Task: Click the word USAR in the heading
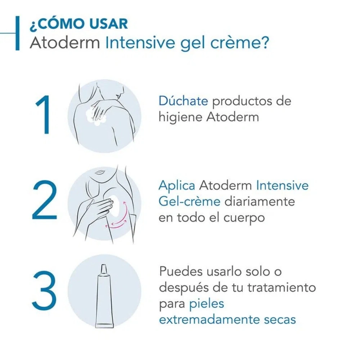tap(108, 24)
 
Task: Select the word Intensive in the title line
tap(140, 42)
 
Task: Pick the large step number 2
tap(44, 200)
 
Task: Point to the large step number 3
tap(44, 291)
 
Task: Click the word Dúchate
tap(183, 100)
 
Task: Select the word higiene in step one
tap(180, 118)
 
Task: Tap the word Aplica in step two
tap(177, 186)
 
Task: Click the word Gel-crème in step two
tap(189, 201)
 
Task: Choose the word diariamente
tap(260, 201)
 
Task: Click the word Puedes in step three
tap(181, 271)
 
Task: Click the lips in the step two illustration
tap(100, 172)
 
